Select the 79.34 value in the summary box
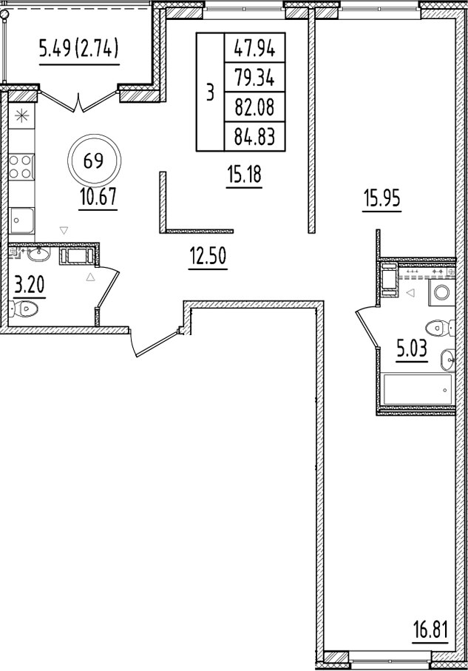tap(254, 78)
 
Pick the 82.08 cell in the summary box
tap(254, 107)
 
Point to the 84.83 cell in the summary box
tap(254, 136)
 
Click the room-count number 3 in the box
tap(210, 93)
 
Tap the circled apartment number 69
tap(93, 161)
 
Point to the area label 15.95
tap(381, 198)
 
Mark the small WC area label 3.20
tap(27, 283)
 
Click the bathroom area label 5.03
tap(412, 347)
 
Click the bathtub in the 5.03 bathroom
tap(416, 387)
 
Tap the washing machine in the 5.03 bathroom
tap(441, 291)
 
